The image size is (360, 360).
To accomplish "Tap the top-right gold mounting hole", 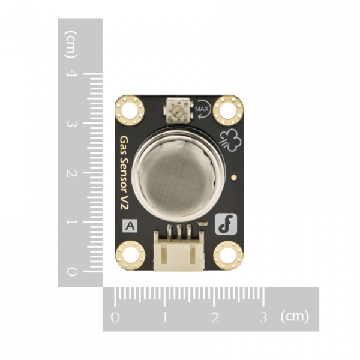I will click(x=227, y=109).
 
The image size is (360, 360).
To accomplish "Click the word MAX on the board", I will click(x=202, y=109).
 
